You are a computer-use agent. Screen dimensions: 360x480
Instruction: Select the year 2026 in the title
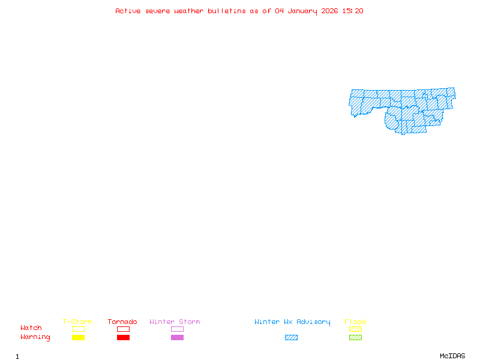pyautogui.click(x=329, y=11)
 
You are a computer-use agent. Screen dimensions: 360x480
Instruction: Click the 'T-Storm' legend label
pyautogui.click(x=77, y=322)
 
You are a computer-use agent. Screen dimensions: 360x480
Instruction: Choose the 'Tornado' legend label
pyautogui.click(x=122, y=322)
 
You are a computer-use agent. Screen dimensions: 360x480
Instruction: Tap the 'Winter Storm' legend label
pyautogui.click(x=175, y=322)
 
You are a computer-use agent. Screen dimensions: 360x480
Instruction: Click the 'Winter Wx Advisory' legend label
pyautogui.click(x=292, y=322)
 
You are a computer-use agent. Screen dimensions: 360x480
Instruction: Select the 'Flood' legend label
pyautogui.click(x=355, y=322)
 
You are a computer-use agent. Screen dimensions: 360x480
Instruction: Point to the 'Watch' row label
pyautogui.click(x=31, y=328)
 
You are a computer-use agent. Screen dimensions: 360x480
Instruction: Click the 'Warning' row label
pyautogui.click(x=35, y=337)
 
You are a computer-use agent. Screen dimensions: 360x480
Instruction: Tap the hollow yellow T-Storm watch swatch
pyautogui.click(x=78, y=329)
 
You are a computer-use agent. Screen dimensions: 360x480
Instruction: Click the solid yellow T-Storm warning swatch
pyautogui.click(x=78, y=338)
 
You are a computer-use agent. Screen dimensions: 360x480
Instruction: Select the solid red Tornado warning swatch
pyautogui.click(x=123, y=338)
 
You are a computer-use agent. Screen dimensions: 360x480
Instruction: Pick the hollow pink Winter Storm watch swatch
pyautogui.click(x=177, y=329)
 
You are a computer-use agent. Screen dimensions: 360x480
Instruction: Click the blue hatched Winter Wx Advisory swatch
pyautogui.click(x=291, y=338)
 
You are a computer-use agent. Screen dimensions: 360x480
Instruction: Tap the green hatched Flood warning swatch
pyautogui.click(x=355, y=338)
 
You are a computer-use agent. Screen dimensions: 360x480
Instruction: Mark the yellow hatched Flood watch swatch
pyautogui.click(x=355, y=329)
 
